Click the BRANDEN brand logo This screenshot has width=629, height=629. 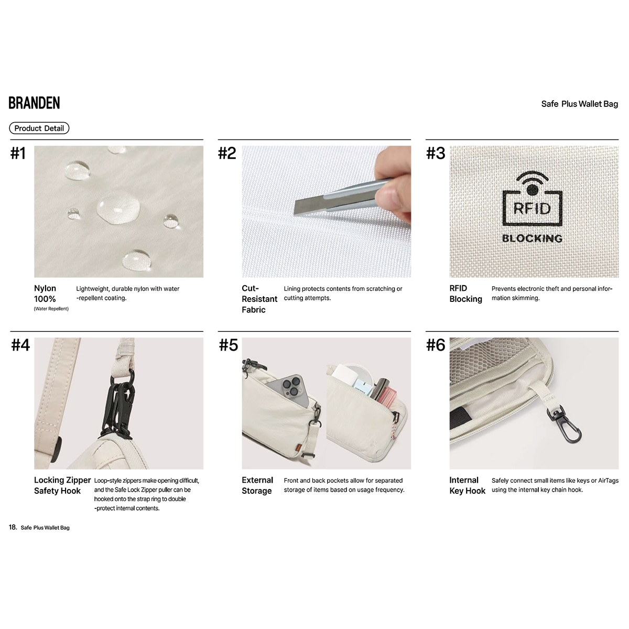click(x=34, y=103)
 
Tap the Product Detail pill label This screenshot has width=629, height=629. click(x=39, y=128)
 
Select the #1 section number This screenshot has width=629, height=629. click(x=18, y=153)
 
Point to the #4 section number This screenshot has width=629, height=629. click(x=20, y=345)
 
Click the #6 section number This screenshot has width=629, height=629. click(x=436, y=345)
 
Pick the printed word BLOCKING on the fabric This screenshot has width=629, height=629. click(x=532, y=238)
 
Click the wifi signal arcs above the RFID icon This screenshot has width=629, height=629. click(x=533, y=177)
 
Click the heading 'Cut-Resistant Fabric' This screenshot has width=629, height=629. click(x=259, y=299)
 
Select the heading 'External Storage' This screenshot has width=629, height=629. click(x=257, y=485)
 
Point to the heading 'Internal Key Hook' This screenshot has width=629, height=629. click(x=468, y=485)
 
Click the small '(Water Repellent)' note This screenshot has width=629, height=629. click(x=51, y=309)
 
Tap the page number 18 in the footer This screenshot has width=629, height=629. click(x=13, y=527)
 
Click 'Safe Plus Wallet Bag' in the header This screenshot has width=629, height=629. click(x=580, y=104)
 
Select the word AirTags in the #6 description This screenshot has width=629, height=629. click(x=608, y=481)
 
